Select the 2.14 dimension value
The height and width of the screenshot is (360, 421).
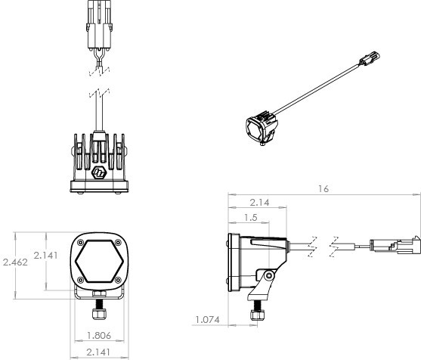259,202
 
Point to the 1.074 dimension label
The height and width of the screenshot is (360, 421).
206,319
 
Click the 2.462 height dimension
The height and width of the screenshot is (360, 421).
14,262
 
